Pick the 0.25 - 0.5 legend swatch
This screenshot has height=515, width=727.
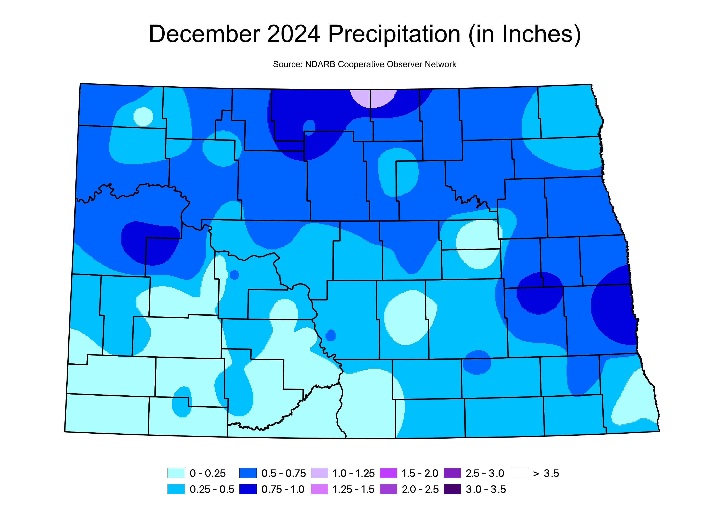click(176, 489)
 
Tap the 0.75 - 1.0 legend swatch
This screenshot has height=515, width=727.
click(248, 489)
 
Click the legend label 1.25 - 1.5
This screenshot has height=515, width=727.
click(353, 489)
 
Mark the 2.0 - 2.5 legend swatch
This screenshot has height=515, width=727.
click(388, 489)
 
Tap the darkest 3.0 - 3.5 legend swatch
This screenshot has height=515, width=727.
click(452, 489)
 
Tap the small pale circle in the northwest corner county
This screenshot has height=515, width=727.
click(143, 117)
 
